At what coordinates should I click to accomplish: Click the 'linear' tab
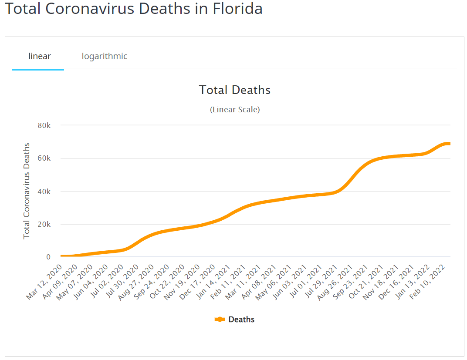coord(40,56)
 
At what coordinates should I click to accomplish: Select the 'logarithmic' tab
coord(105,56)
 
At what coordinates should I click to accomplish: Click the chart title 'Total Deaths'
coord(234,90)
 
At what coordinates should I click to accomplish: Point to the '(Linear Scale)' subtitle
coord(235,110)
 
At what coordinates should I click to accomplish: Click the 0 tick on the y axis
coord(48,257)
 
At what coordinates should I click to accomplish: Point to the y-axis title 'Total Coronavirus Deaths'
coord(27,191)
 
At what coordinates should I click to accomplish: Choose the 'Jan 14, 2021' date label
coord(213,283)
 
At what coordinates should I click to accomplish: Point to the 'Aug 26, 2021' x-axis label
coord(336,283)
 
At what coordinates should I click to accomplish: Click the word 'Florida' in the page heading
coord(237,9)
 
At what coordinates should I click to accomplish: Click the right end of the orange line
coord(449,144)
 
